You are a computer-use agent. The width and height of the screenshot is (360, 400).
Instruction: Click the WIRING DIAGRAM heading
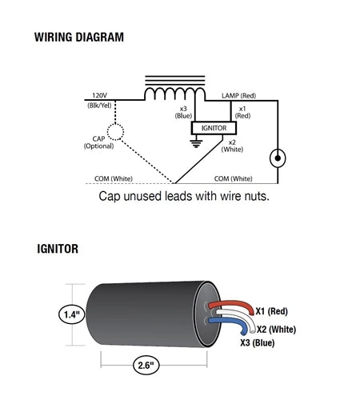[x=79, y=37]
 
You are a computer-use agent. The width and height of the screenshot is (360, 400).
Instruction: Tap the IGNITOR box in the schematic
[x=214, y=128]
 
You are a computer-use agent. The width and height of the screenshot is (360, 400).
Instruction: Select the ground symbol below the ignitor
[x=196, y=143]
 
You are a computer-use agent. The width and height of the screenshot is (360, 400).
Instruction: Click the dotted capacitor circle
[x=115, y=132]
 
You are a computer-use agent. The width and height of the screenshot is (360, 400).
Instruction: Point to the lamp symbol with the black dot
[x=278, y=158]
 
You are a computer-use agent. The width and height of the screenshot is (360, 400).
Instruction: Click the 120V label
[x=100, y=95]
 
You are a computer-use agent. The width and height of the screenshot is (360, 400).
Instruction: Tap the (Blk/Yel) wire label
[x=99, y=106]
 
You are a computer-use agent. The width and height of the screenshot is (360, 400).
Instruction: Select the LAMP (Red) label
[x=238, y=95]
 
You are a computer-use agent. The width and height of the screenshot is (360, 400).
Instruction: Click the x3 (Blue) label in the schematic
[x=183, y=112]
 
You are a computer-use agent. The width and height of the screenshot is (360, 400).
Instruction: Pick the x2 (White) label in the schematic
[x=232, y=146]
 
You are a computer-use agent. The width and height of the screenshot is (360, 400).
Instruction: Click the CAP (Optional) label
[x=98, y=142]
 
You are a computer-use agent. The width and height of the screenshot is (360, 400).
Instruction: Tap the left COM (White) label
[x=114, y=178]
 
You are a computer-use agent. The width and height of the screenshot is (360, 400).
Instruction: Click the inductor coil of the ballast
[x=175, y=94]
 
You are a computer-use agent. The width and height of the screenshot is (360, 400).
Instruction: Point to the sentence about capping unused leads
[x=184, y=196]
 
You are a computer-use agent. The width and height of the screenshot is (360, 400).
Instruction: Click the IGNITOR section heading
[x=58, y=249]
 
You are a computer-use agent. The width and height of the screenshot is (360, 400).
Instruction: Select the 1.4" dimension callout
[x=71, y=314]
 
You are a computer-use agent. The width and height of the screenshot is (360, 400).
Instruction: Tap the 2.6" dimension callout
[x=146, y=365]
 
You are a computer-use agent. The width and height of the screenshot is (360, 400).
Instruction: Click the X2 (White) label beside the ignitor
[x=276, y=330]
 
